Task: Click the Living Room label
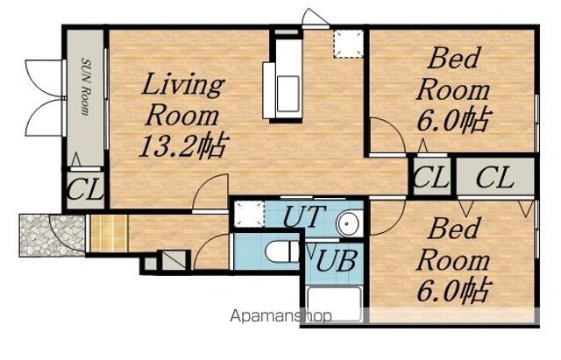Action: pyautogui.click(x=182, y=99)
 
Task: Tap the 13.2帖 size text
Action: pyautogui.click(x=183, y=145)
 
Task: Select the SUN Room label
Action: pyautogui.click(x=86, y=87)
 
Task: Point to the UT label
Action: pyautogui.click(x=305, y=216)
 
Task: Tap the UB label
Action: pyautogui.click(x=337, y=260)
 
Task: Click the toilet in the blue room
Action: pyautogui.click(x=282, y=251)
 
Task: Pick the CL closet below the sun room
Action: pyautogui.click(x=86, y=190)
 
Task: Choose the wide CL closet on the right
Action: pyautogui.click(x=495, y=177)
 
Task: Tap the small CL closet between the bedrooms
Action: pyautogui.click(x=431, y=177)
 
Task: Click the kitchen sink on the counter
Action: pyautogui.click(x=288, y=94)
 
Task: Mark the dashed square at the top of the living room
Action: pyautogui.click(x=348, y=44)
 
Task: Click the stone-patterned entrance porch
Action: pyautogui.click(x=53, y=236)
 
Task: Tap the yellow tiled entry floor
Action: pyautogui.click(x=109, y=234)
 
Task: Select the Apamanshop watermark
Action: pyautogui.click(x=280, y=316)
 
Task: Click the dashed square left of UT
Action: pyautogui.click(x=249, y=214)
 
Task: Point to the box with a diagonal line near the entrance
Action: pyautogui.click(x=174, y=260)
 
